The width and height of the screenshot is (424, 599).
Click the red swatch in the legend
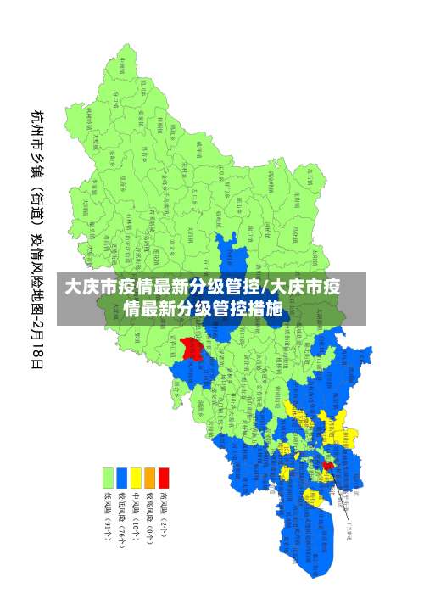click(x=164, y=478)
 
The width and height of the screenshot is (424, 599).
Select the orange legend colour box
click(x=149, y=478)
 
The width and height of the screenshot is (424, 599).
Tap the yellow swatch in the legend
click(x=136, y=478)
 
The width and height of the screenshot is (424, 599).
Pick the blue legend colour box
click(x=122, y=478)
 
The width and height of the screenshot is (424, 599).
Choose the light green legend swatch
click(x=108, y=478)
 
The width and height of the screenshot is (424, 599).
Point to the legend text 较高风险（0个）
click(x=149, y=518)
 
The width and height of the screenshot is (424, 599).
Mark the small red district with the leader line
click(x=328, y=465)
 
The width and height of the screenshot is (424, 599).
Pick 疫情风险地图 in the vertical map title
click(x=38, y=270)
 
